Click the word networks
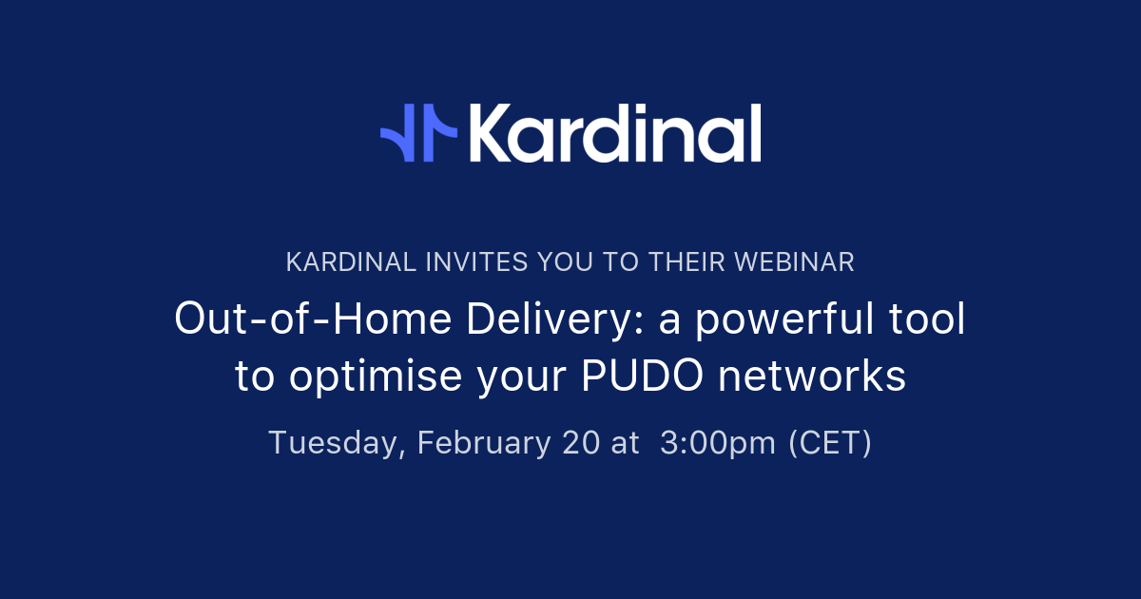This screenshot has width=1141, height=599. point(813,377)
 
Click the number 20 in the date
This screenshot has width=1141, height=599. point(581,443)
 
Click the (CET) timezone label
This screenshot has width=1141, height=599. point(829,443)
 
